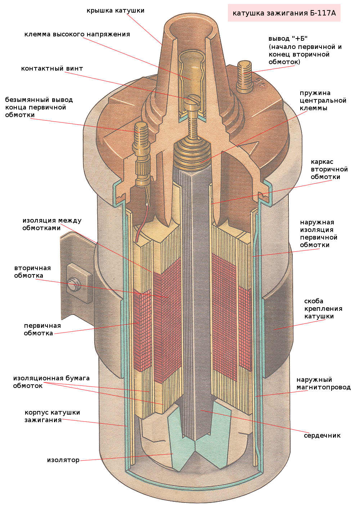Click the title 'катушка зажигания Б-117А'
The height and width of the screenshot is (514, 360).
point(284,13)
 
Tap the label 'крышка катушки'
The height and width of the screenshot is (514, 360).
point(115,10)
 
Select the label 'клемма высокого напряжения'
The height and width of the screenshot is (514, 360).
point(77,35)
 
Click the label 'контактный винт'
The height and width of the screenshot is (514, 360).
point(52,68)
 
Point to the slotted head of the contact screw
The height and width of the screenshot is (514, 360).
point(193,99)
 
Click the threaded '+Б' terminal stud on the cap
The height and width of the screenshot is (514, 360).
point(244,75)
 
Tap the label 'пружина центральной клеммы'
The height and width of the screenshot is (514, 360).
point(323,100)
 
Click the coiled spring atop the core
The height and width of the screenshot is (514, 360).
point(191,151)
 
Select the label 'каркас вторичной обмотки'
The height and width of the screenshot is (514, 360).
point(329,169)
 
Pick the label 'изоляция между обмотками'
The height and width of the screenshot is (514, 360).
point(52,224)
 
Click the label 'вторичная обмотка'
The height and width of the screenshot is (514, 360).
point(32,272)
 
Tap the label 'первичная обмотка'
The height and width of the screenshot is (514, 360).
point(42,329)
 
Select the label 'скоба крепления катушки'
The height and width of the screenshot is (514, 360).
point(323,309)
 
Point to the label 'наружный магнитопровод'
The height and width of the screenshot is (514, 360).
point(323,384)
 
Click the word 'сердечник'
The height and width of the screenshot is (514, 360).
point(322,435)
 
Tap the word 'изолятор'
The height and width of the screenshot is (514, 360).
point(63,460)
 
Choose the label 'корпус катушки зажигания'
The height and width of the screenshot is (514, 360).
point(52,416)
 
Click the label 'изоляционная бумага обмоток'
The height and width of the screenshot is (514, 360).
point(51,382)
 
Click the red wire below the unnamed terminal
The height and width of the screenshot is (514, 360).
point(140,225)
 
